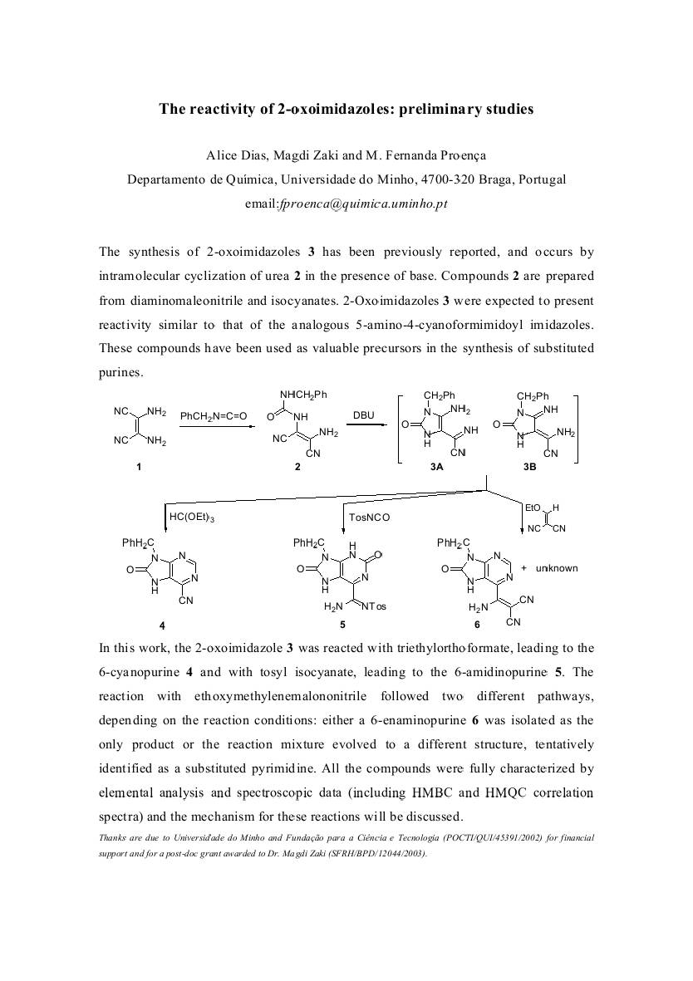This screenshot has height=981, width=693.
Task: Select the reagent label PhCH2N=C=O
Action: (x=214, y=415)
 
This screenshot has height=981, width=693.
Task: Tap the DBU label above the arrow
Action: (x=364, y=414)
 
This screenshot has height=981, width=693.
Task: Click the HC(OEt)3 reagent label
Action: (x=192, y=517)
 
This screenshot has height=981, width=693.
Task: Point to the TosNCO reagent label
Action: (x=369, y=517)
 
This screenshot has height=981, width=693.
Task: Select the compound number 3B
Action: (x=529, y=468)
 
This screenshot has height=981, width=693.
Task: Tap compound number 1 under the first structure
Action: (x=139, y=467)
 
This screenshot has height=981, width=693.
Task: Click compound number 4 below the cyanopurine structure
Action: (x=162, y=624)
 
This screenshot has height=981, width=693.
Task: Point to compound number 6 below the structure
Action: (x=477, y=625)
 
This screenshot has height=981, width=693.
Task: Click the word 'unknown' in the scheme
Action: (x=557, y=569)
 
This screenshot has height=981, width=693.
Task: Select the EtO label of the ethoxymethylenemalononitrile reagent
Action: (x=533, y=508)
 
